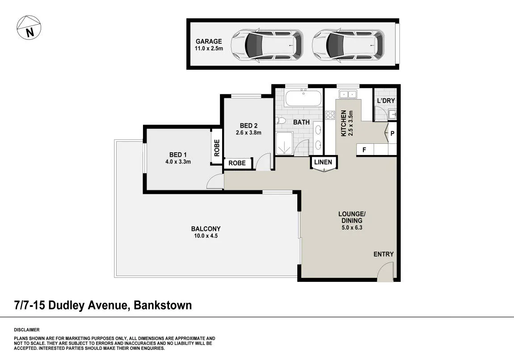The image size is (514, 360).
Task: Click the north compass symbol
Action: coord(29,28)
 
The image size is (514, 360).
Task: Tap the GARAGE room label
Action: coord(209,41)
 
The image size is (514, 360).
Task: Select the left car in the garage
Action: coord(266,45)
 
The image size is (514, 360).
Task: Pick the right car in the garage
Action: coord(348,45)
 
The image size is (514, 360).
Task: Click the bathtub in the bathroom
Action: coord(303,98)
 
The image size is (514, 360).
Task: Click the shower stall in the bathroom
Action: coord(285,143)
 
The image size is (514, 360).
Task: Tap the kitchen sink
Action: coord(348,94)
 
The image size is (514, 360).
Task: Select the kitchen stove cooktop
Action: coord(330,115)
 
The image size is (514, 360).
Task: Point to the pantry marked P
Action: coord(392,133)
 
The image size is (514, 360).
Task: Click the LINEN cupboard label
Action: coord(323,162)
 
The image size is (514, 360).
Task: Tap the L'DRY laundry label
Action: coord(386,100)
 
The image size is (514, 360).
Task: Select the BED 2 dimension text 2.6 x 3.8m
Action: coord(249,133)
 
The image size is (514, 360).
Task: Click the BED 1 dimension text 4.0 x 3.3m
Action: coord(178,162)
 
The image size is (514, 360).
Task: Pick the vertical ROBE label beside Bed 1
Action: coord(217,148)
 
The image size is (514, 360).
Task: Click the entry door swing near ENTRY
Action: coord(385,272)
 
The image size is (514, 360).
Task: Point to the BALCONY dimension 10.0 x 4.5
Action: coord(206,235)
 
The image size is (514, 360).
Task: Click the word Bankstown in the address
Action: coord(163,306)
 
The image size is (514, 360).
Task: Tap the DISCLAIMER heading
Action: coord(26,330)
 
